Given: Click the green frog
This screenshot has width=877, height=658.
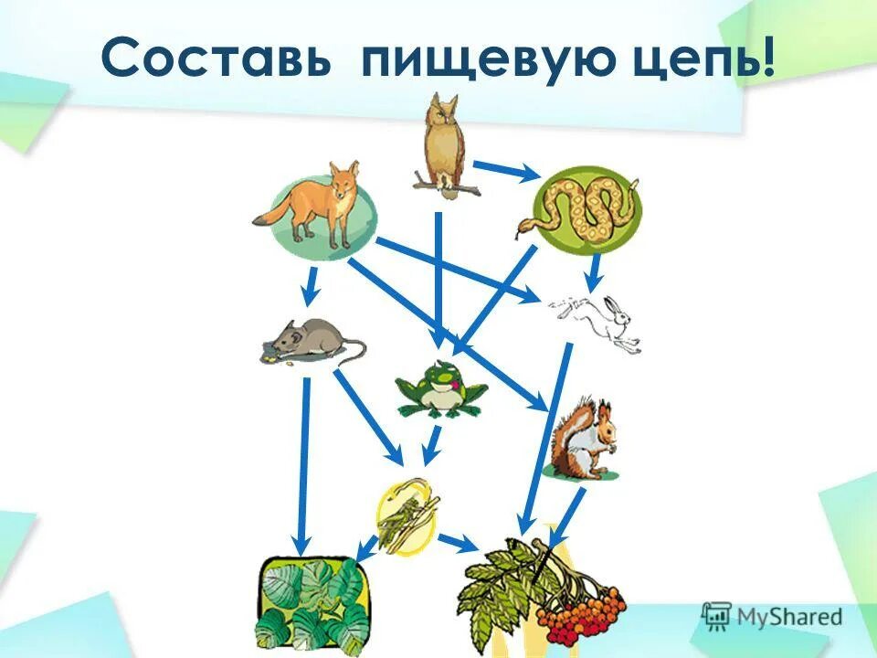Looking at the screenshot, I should [x=442, y=388].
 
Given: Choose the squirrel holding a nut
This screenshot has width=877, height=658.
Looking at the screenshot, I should [x=583, y=440].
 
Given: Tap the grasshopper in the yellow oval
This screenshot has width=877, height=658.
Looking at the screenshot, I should [x=402, y=518].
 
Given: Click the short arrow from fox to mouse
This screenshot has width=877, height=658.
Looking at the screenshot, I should [x=311, y=286].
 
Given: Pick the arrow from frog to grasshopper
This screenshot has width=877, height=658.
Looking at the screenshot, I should [x=431, y=445].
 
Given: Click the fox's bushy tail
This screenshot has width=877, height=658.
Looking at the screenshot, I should [x=271, y=215].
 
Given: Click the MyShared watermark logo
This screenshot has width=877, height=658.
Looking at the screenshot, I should [x=772, y=615].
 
